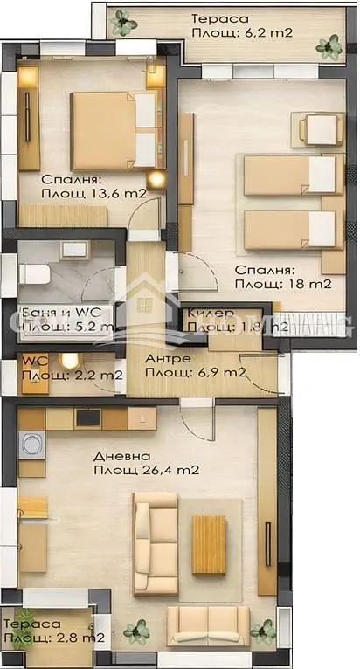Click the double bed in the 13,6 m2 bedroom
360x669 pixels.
[112, 128]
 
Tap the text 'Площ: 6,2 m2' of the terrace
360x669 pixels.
[242, 33]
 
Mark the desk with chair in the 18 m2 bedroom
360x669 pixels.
[319, 129]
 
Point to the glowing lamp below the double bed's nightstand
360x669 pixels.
[156, 180]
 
